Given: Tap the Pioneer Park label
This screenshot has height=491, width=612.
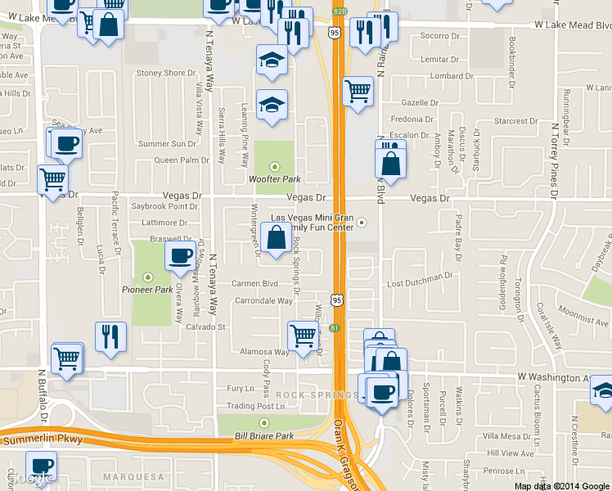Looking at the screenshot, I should click(x=147, y=289).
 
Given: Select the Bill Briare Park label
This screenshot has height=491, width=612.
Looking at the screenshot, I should click(x=263, y=436).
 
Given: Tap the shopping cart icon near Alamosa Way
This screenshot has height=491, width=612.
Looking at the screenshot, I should click(x=303, y=336).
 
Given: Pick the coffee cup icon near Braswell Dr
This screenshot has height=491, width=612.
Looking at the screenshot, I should click(x=180, y=255).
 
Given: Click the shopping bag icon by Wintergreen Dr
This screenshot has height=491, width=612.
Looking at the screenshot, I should click(x=277, y=238).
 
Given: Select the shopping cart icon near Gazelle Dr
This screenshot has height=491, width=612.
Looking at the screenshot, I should click(x=358, y=92).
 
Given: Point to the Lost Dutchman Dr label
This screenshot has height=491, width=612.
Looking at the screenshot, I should click(x=420, y=280).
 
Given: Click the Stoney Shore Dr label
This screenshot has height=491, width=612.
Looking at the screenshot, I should click(x=161, y=73).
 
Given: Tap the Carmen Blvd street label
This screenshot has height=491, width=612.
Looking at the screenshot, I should click(x=255, y=283).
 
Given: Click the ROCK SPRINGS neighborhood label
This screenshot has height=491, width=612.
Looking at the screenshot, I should click(x=305, y=395).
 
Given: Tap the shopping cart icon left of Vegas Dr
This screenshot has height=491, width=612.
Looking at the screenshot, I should click(x=52, y=178).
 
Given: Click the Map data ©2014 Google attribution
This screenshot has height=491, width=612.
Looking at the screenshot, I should click(x=561, y=485).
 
